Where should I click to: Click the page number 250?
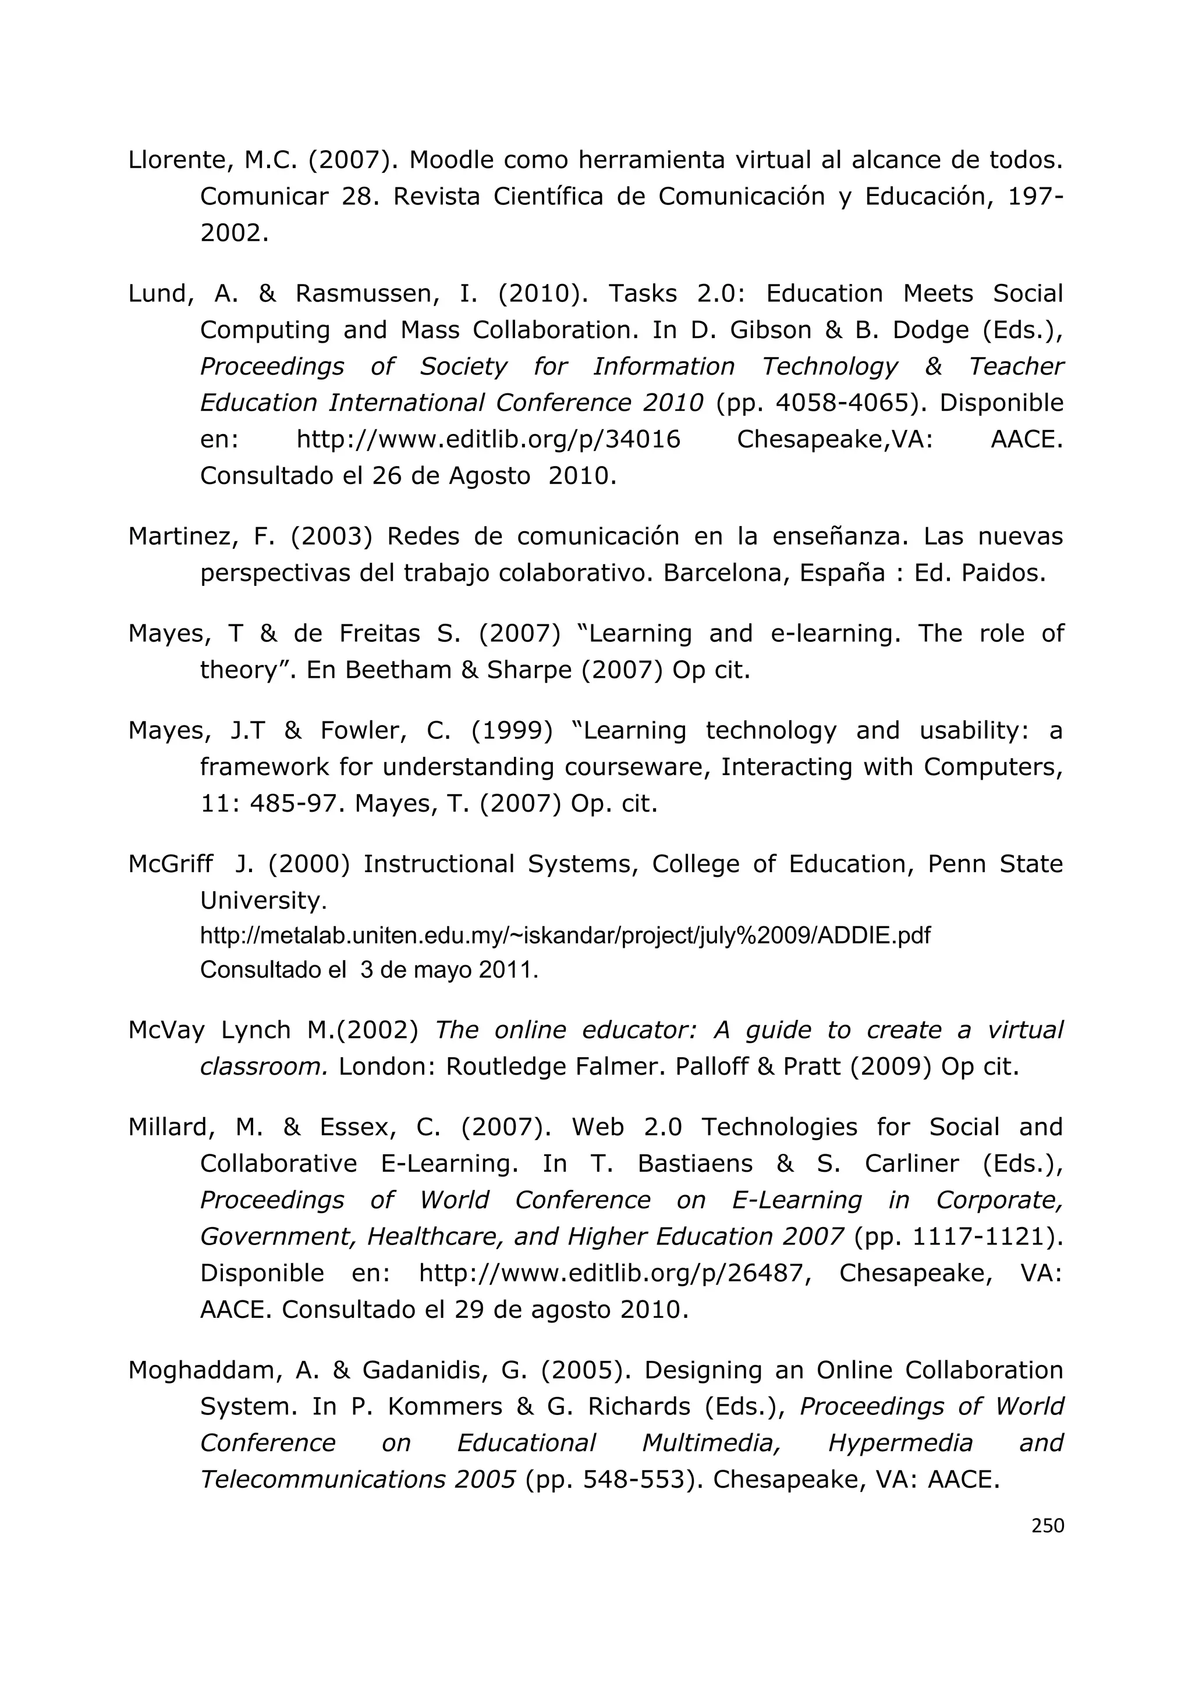coord(1048,1526)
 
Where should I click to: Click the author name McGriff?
coord(171,864)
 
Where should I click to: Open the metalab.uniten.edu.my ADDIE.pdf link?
coord(565,936)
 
